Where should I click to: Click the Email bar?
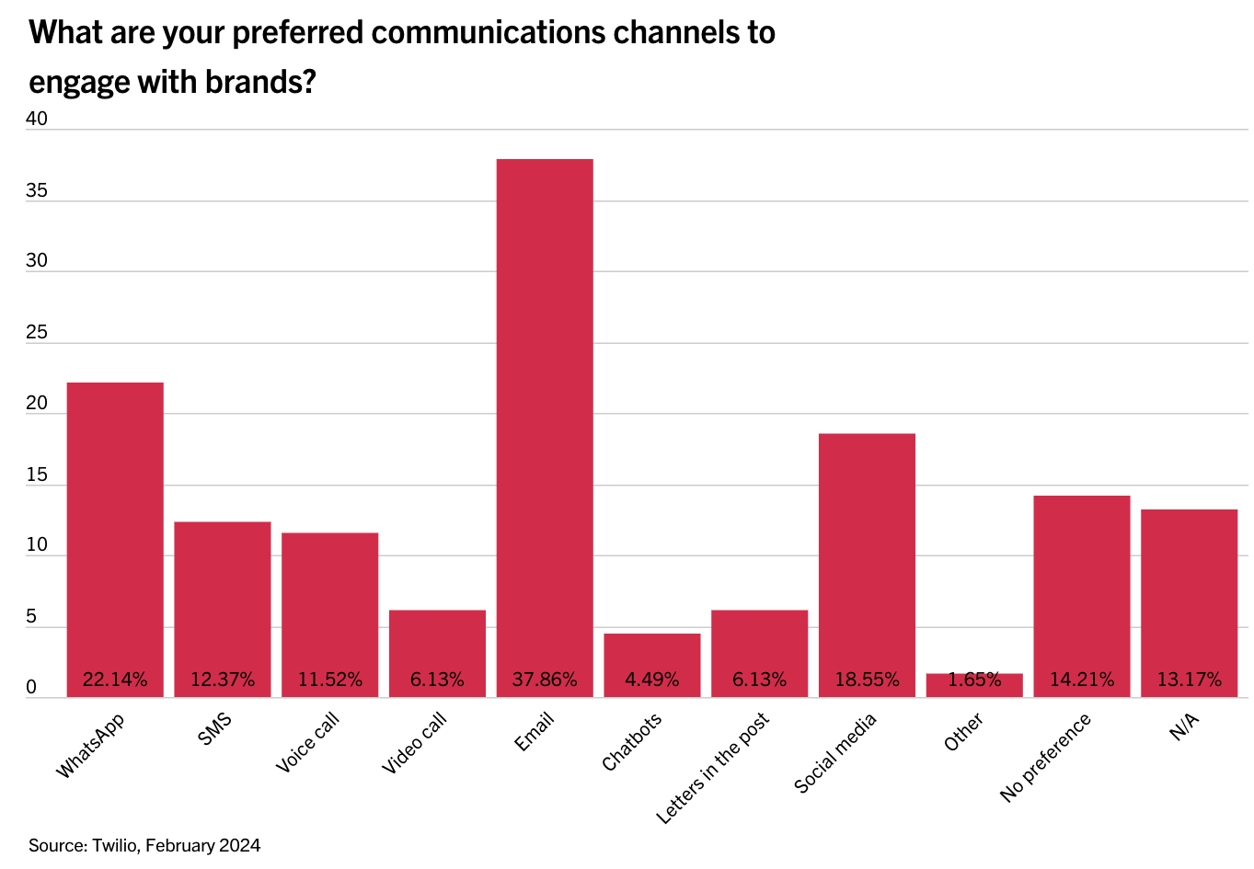[545, 414]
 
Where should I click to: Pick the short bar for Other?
[974, 686]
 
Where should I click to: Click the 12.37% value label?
[223, 680]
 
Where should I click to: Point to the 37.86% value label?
[545, 680]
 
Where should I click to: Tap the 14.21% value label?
[1082, 680]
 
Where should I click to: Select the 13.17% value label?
[1190, 680]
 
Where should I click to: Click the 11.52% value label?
[330, 680]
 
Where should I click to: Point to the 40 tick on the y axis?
[37, 119]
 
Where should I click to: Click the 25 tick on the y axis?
[37, 332]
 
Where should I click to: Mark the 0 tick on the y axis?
[31, 687]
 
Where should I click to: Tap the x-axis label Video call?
[415, 742]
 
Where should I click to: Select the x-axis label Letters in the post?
[713, 767]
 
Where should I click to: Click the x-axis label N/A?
[1184, 726]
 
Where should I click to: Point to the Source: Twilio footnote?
[144, 845]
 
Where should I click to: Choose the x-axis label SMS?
[215, 728]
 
